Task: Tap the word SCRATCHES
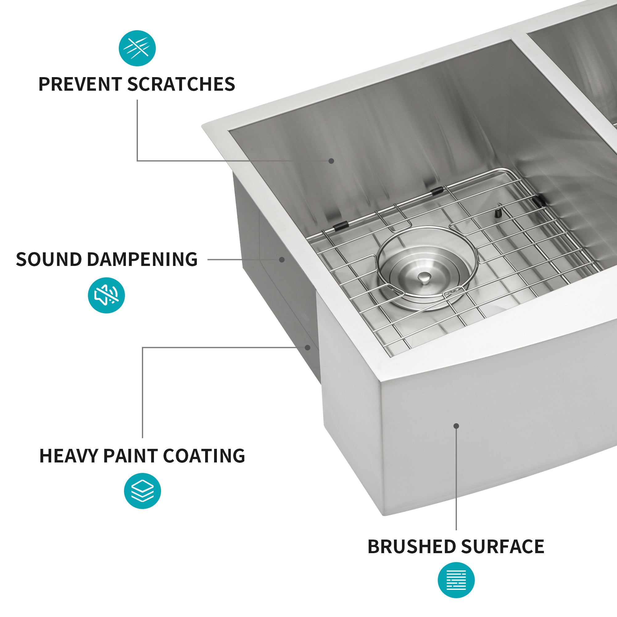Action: pyautogui.click(x=181, y=84)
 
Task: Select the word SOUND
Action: pyautogui.click(x=48, y=259)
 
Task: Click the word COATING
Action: pyautogui.click(x=204, y=456)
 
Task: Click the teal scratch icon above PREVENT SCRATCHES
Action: pyautogui.click(x=137, y=48)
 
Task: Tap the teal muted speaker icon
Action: pyautogui.click(x=106, y=296)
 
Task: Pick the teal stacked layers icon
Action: pyautogui.click(x=143, y=491)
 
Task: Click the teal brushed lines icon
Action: pyautogui.click(x=456, y=580)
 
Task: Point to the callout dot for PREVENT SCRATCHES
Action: pyautogui.click(x=332, y=161)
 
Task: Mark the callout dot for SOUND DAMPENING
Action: pyautogui.click(x=282, y=260)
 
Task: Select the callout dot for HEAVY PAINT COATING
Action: pyautogui.click(x=308, y=347)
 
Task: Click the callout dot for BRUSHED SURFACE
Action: pyautogui.click(x=456, y=426)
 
